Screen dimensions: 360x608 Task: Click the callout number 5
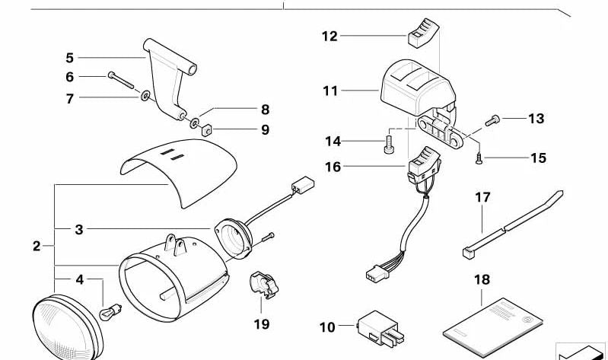pyautogui.click(x=69, y=57)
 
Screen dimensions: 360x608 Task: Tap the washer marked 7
pyautogui.click(x=144, y=97)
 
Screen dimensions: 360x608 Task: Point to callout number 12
pyautogui.click(x=329, y=36)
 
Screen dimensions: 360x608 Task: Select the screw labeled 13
pyautogui.click(x=492, y=119)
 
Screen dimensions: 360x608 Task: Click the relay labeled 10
pyautogui.click(x=377, y=326)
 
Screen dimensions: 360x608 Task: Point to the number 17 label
pyautogui.click(x=483, y=198)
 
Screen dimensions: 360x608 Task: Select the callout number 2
pyautogui.click(x=37, y=246)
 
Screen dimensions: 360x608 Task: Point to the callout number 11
pyautogui.click(x=329, y=91)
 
